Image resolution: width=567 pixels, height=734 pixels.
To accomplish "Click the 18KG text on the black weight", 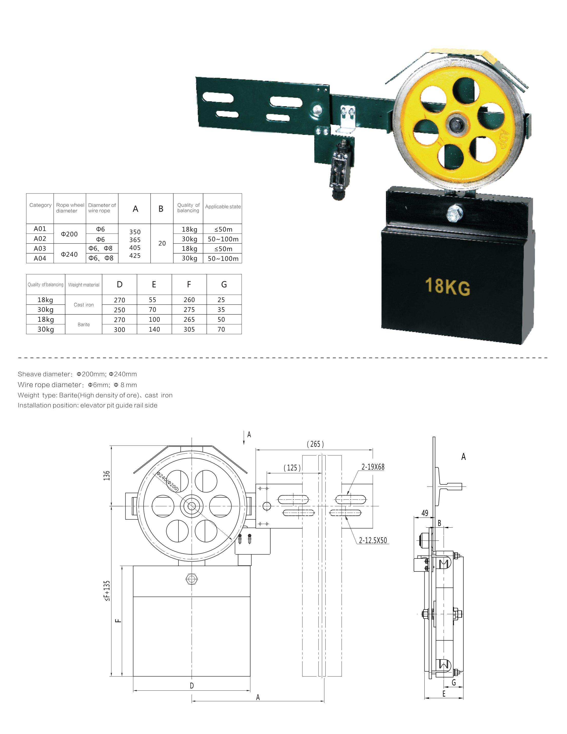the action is tap(447, 286).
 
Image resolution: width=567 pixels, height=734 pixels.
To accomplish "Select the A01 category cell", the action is tap(40, 229).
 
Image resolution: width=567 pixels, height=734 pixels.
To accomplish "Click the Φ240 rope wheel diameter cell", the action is tap(69, 254).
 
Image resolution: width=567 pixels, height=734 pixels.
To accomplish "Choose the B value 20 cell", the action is tap(162, 243).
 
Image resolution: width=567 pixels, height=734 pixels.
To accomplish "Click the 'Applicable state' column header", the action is tap(223, 207).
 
